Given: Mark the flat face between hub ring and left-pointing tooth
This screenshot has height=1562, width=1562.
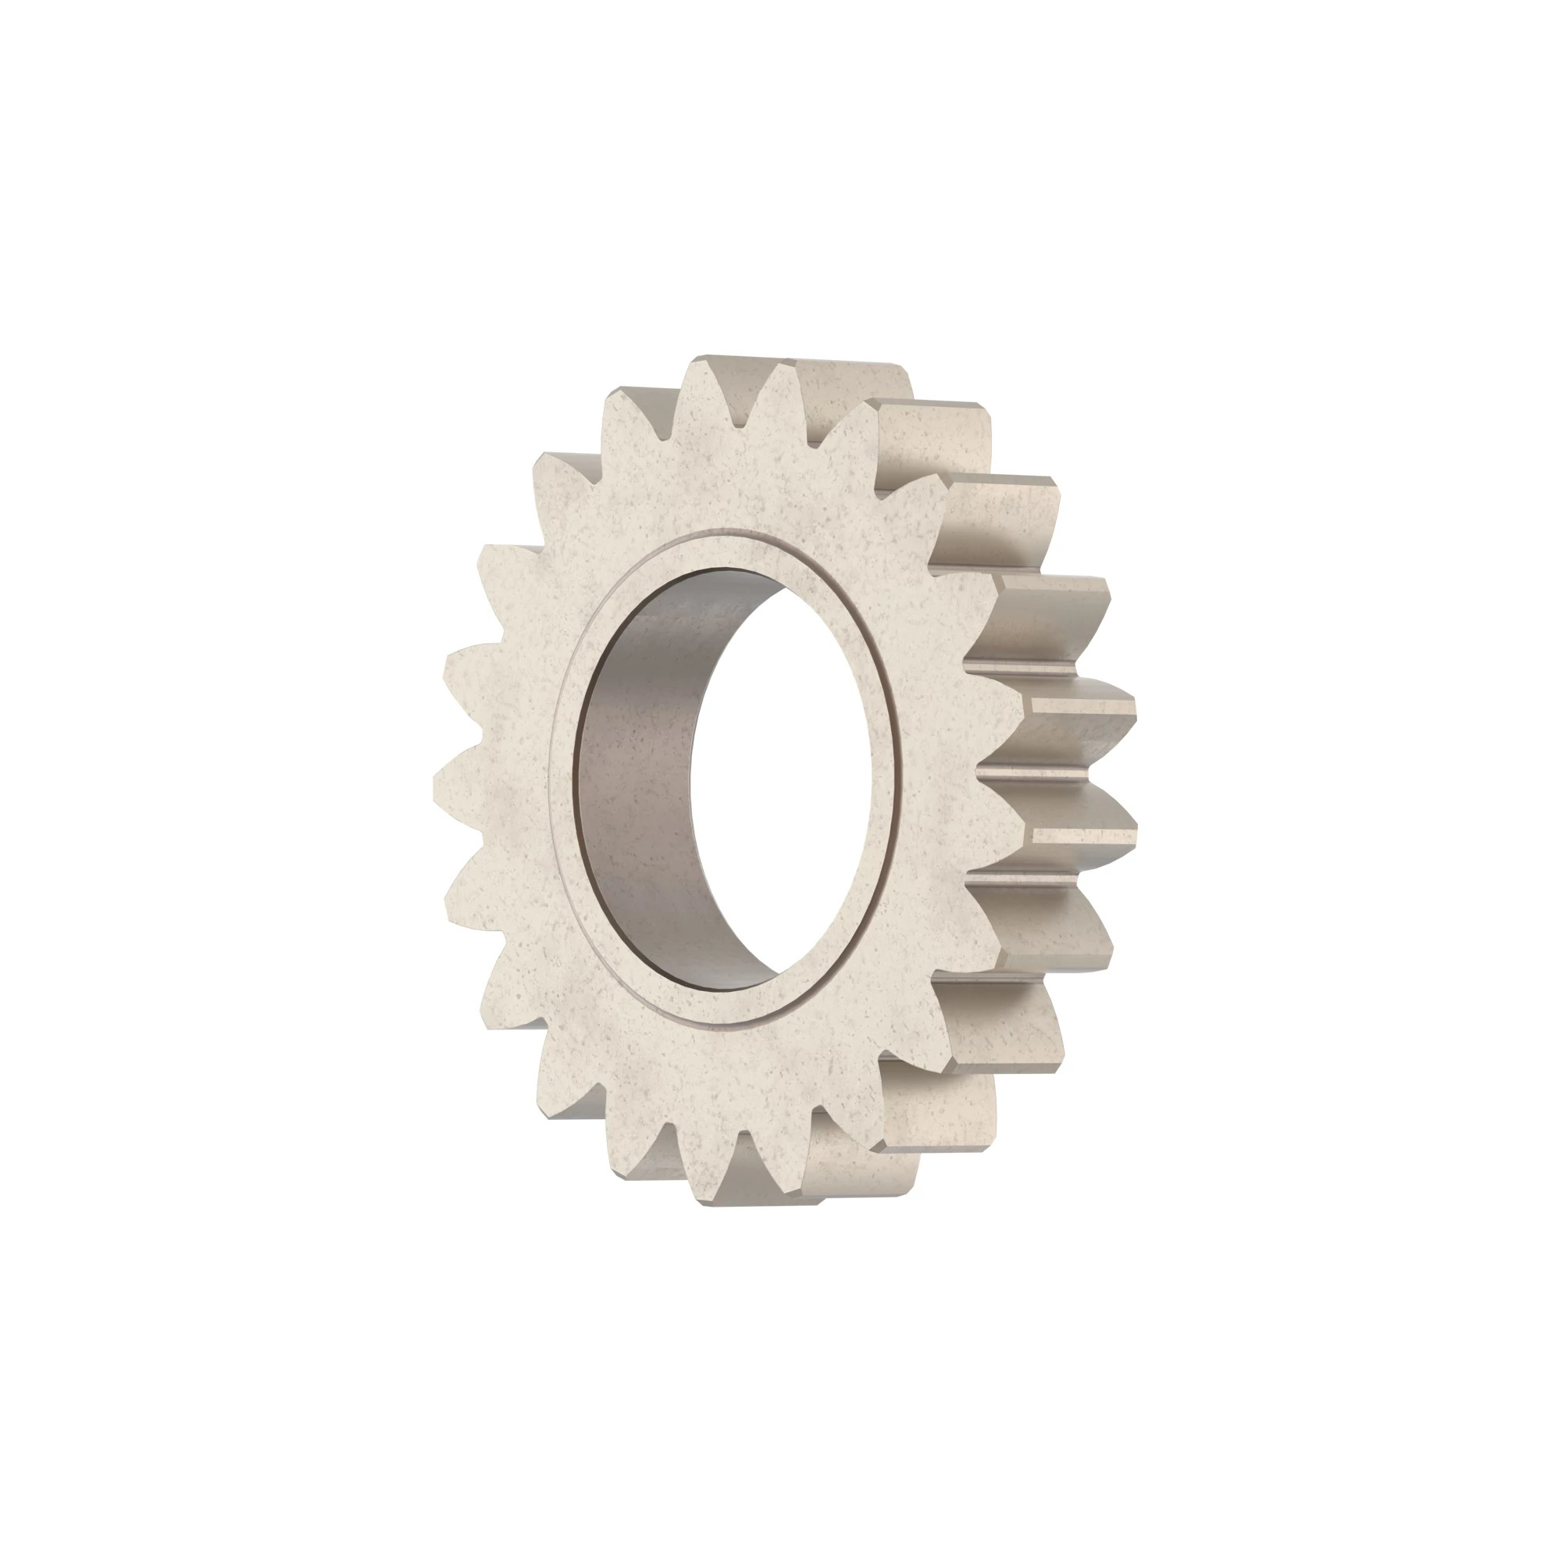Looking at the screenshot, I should tap(518, 776).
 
